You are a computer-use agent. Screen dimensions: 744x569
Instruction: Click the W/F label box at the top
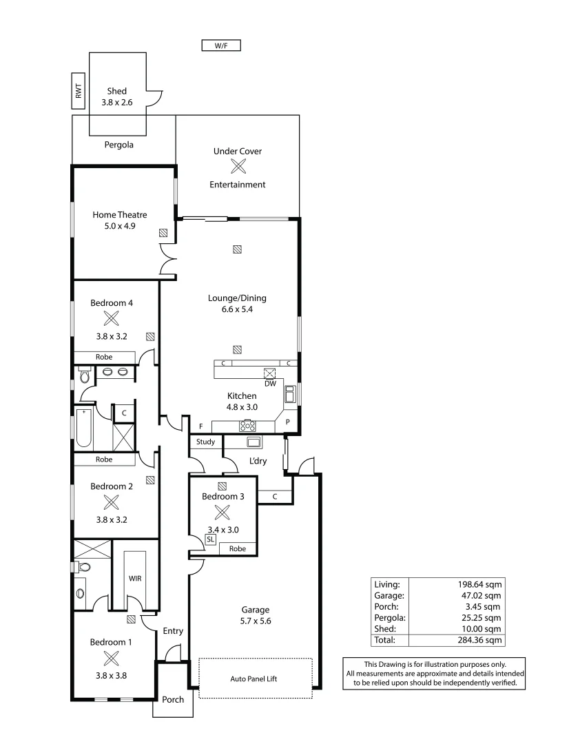(220, 46)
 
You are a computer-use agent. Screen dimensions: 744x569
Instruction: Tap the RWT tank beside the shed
(79, 91)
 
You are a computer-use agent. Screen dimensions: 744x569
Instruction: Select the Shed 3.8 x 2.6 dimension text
(116, 102)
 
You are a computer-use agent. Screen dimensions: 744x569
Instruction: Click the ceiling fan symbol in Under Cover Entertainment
(238, 167)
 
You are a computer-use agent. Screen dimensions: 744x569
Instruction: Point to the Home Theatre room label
(120, 215)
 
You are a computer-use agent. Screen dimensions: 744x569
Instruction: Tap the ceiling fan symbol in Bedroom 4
(111, 318)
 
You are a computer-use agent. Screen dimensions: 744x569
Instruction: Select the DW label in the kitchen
(270, 384)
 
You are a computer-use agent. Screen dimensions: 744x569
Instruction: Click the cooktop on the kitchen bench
(247, 425)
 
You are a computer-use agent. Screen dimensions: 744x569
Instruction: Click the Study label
(205, 442)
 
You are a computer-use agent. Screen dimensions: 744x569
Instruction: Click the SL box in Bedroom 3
(211, 540)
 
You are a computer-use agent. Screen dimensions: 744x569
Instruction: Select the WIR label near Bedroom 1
(135, 579)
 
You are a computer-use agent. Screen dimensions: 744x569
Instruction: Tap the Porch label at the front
(173, 699)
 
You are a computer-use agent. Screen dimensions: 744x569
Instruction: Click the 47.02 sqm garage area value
(484, 595)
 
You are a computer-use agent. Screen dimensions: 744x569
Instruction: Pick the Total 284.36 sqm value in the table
(484, 640)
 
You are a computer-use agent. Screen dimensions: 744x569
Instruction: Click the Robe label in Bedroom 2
(104, 459)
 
